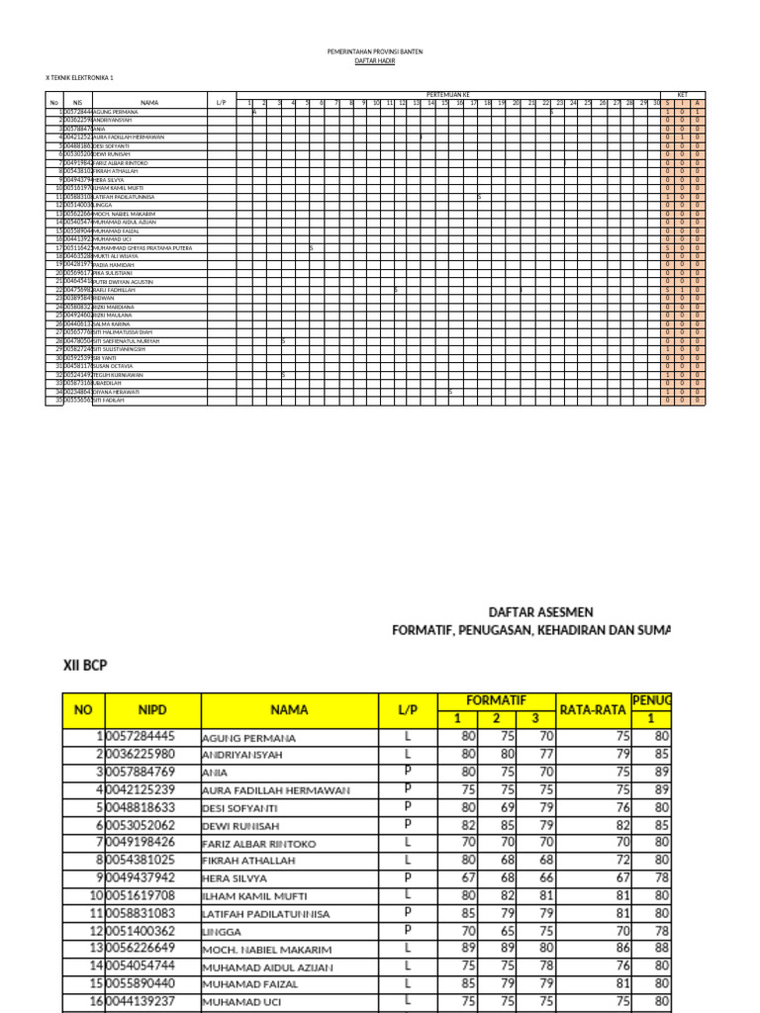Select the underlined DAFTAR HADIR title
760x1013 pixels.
(367, 60)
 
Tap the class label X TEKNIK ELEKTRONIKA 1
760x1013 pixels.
(80, 77)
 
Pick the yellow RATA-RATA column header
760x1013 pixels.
(595, 708)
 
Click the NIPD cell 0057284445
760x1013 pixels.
(140, 736)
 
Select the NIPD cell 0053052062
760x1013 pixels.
(140, 825)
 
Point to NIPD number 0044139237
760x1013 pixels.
(140, 1001)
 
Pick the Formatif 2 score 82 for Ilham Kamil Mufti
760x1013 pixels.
(507, 895)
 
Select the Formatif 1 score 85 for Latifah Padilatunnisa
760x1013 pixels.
(468, 913)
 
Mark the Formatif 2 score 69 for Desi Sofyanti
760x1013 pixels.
(507, 807)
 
